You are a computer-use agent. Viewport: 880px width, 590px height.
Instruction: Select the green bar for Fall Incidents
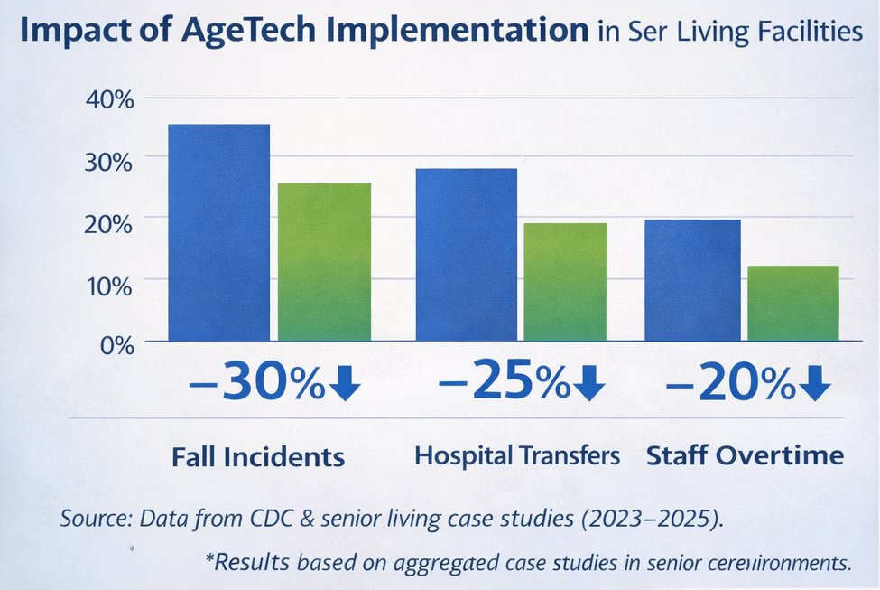point(324,262)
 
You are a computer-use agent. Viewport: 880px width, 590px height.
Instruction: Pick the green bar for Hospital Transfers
point(565,282)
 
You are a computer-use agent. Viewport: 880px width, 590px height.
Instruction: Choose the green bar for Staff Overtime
point(793,304)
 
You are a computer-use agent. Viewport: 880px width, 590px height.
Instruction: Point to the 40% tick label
point(109,99)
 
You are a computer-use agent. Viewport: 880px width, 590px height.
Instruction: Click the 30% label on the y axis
point(109,161)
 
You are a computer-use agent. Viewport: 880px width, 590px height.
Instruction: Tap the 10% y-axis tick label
point(109,285)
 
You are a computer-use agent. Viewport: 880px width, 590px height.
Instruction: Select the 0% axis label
point(115,345)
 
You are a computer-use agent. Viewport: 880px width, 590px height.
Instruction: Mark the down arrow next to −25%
point(588,386)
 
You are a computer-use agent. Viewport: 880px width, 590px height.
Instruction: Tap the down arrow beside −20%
point(813,386)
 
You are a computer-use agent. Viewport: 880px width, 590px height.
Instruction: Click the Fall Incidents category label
point(258,456)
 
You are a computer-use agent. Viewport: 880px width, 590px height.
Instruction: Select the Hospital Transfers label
point(517,455)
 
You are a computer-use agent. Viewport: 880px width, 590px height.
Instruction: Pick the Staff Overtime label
point(746,455)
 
